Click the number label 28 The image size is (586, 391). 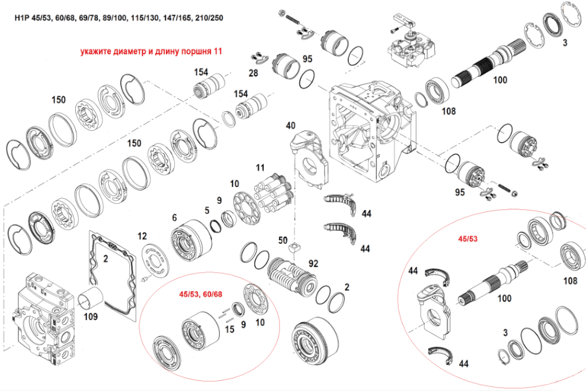(x=254, y=73)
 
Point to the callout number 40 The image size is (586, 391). (x=290, y=126)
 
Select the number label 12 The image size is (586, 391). (x=142, y=236)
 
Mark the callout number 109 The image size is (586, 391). (x=91, y=317)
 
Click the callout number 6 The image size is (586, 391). (x=174, y=218)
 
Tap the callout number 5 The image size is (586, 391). (x=207, y=209)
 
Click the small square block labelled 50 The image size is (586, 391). (x=292, y=250)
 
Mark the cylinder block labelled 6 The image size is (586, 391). (x=191, y=240)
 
